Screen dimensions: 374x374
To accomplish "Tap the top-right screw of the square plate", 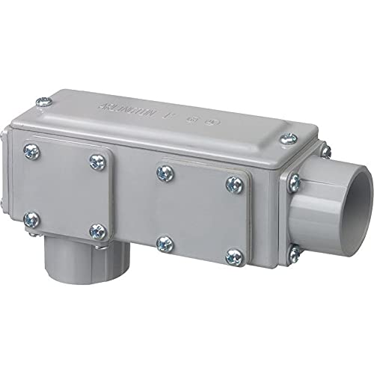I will coord(96,160).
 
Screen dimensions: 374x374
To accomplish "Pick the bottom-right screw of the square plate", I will coord(95,230).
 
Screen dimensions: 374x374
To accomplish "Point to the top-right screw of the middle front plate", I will coord(231,183).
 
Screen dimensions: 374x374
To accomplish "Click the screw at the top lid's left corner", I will coord(47,97).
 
